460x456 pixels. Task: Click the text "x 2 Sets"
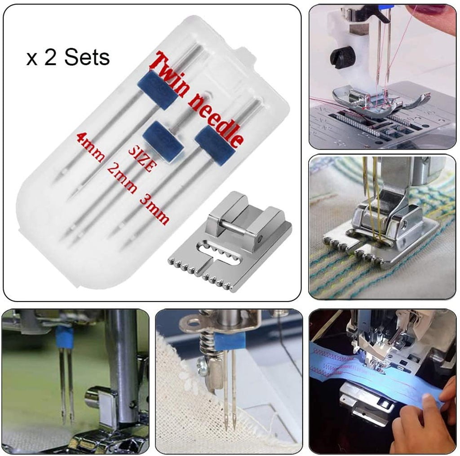click(x=68, y=57)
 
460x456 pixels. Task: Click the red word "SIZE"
click(x=142, y=160)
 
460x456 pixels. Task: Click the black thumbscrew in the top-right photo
click(x=339, y=58)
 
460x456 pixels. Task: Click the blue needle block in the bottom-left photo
click(x=65, y=335)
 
